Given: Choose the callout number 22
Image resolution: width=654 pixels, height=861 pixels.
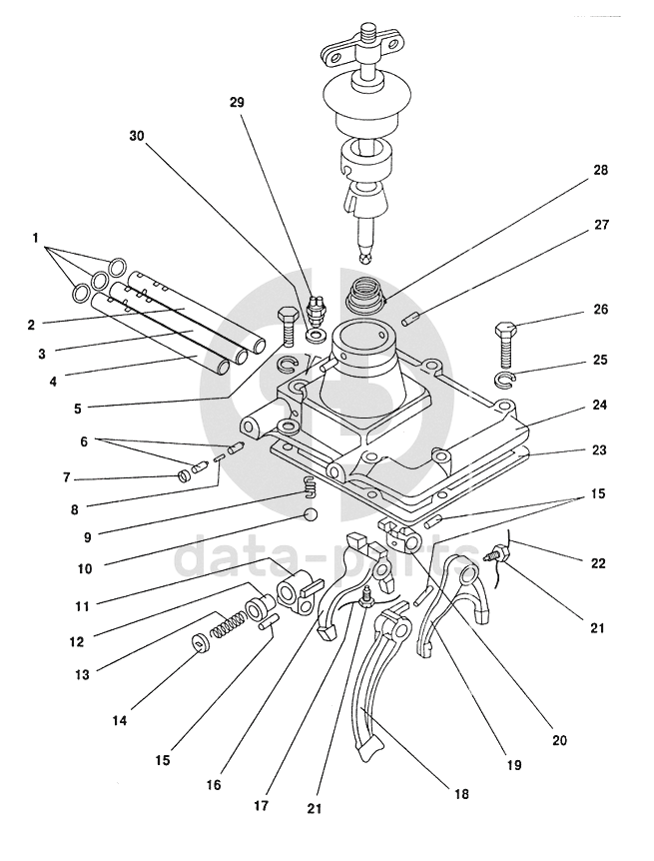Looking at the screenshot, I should [x=597, y=563].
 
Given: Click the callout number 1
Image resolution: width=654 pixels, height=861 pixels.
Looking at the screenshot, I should [x=36, y=239].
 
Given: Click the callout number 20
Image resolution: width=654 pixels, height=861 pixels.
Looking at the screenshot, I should [x=559, y=740].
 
